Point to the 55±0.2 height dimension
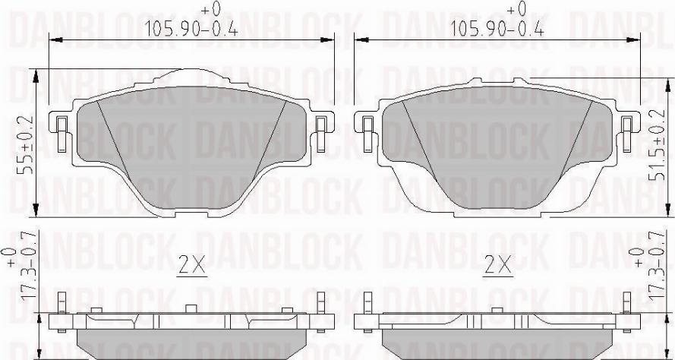tap(24, 144)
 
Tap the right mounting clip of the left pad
tap(320, 134)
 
